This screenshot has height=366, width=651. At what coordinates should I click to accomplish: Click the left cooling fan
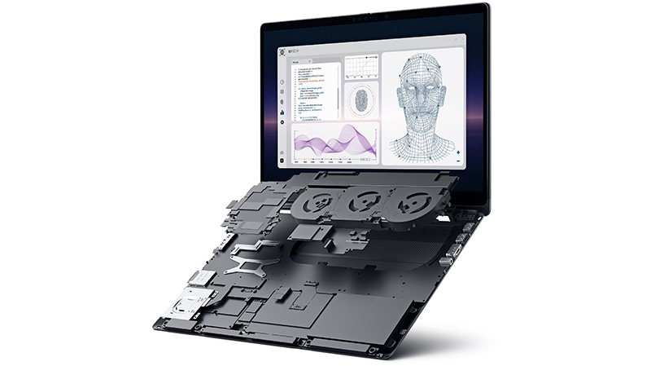(317, 199)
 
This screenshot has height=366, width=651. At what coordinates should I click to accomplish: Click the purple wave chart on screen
(334, 143)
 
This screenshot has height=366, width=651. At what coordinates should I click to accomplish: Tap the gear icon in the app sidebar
(282, 121)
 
